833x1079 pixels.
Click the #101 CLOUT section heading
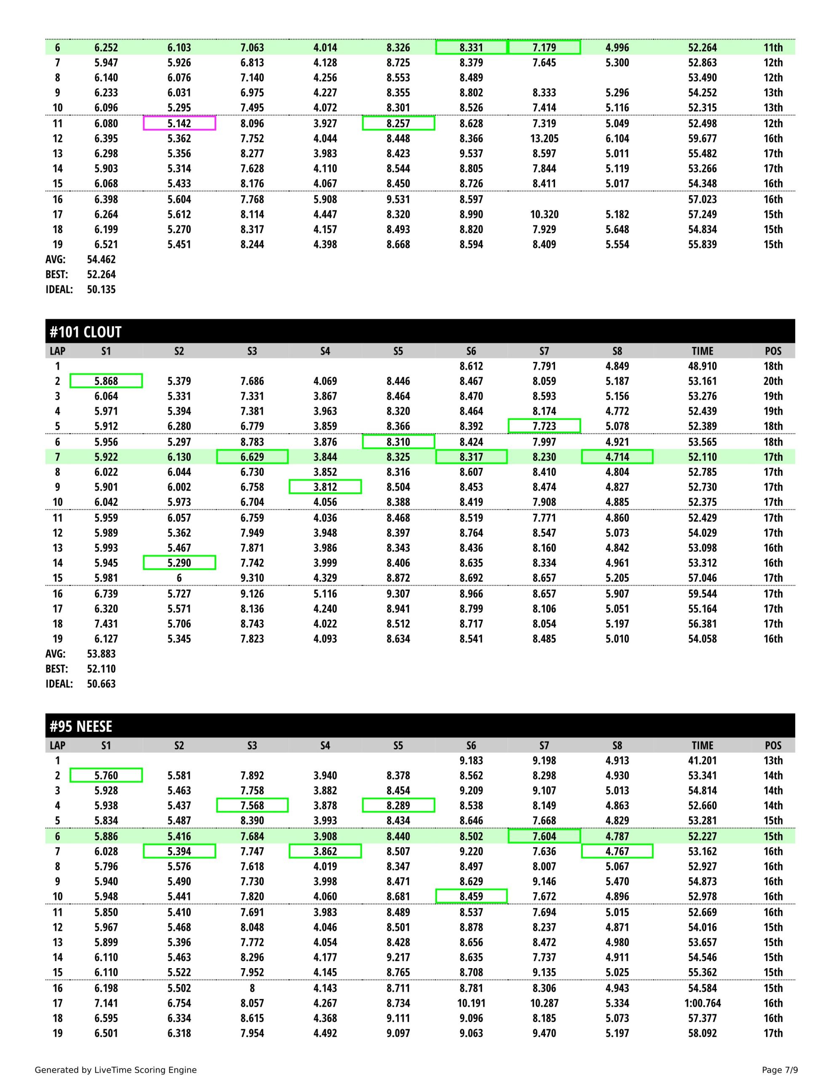tap(85, 332)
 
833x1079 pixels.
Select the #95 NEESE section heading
tap(81, 726)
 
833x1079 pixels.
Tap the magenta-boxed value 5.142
tap(179, 123)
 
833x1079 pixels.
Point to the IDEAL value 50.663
tap(101, 684)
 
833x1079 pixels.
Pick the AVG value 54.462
tap(101, 259)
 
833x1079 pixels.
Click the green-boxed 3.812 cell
tap(325, 487)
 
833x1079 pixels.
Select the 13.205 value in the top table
tap(544, 138)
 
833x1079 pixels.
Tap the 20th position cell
tap(773, 381)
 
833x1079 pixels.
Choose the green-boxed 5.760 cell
tap(106, 775)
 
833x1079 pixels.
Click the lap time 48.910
tap(702, 366)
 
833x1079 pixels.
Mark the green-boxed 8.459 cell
tap(471, 896)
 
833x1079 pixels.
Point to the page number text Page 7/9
tap(780, 1070)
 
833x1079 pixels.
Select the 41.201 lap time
tap(702, 760)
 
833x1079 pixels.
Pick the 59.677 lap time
tap(702, 138)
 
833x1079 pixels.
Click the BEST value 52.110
tap(101, 669)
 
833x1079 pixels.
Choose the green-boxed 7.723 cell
tap(544, 426)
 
